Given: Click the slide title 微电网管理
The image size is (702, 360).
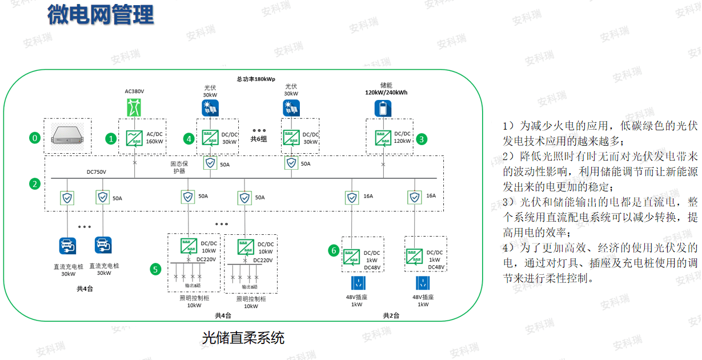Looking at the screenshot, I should pyautogui.click(x=101, y=15).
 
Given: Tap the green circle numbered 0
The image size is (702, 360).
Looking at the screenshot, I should pyautogui.click(x=35, y=138).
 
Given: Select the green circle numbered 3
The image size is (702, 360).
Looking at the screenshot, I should pyautogui.click(x=422, y=138).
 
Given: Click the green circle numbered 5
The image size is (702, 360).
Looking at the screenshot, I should pyautogui.click(x=155, y=269).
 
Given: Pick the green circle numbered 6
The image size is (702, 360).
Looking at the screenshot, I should pyautogui.click(x=334, y=250).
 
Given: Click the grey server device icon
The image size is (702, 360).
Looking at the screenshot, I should pyautogui.click(x=68, y=137).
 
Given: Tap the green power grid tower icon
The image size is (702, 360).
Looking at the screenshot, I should pyautogui.click(x=135, y=107).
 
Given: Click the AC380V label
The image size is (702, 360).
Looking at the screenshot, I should pyautogui.click(x=135, y=91).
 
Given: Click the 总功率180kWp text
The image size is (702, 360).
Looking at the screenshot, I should pyautogui.click(x=256, y=79).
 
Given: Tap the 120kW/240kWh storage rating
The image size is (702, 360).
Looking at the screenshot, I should pyautogui.click(x=387, y=92).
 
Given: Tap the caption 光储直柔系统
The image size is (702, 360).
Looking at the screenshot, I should pyautogui.click(x=243, y=338).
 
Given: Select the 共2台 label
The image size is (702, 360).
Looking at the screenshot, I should pyautogui.click(x=391, y=315).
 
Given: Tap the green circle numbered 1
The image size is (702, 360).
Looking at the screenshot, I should pyautogui.click(x=111, y=138).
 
